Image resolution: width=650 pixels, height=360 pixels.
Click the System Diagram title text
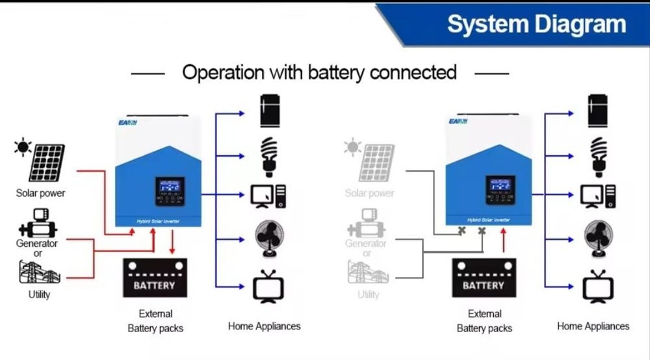(536, 25)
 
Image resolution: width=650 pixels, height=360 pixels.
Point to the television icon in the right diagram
(597, 288)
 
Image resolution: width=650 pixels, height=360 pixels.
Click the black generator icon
(37, 224)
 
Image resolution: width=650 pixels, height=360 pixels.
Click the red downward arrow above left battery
(172, 242)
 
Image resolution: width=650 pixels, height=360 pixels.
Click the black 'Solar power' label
(40, 193)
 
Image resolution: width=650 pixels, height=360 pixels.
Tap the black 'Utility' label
(39, 294)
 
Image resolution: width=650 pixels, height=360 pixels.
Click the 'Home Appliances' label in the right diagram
(593, 326)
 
